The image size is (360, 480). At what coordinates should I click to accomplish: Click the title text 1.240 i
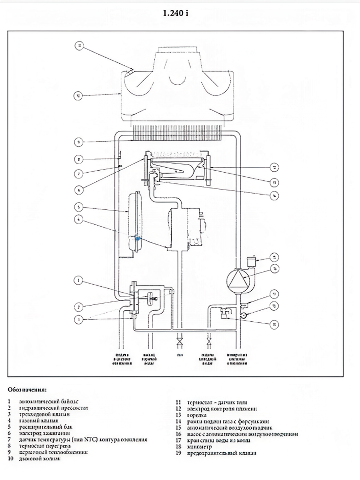[176, 13]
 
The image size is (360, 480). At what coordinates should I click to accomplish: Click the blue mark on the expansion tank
[137, 237]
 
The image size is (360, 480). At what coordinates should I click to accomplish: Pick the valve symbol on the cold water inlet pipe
[208, 341]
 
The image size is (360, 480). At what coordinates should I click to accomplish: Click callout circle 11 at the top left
[80, 46]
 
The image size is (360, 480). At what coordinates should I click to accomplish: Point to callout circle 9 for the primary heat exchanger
[79, 142]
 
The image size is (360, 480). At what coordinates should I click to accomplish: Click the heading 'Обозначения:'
[27, 390]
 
